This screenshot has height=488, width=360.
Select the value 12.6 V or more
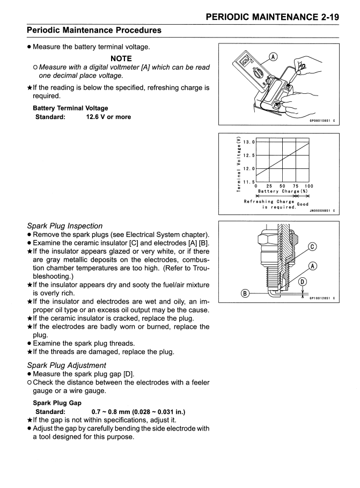pos(108,117)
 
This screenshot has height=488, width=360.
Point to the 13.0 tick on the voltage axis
pos(248,142)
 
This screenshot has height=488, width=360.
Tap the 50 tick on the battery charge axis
pos(282,186)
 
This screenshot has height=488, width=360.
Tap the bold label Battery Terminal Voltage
pos(70,108)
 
